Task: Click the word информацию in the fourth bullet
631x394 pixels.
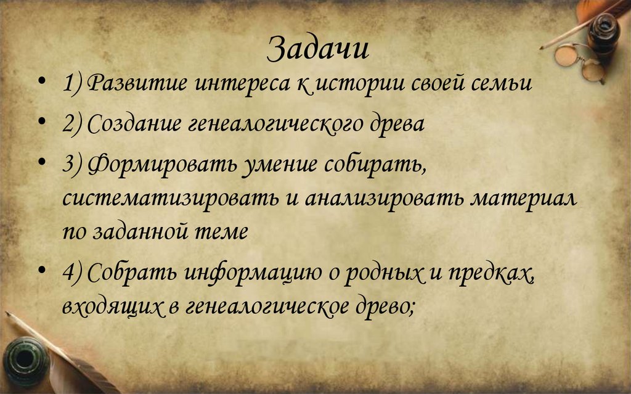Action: (253, 273)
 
